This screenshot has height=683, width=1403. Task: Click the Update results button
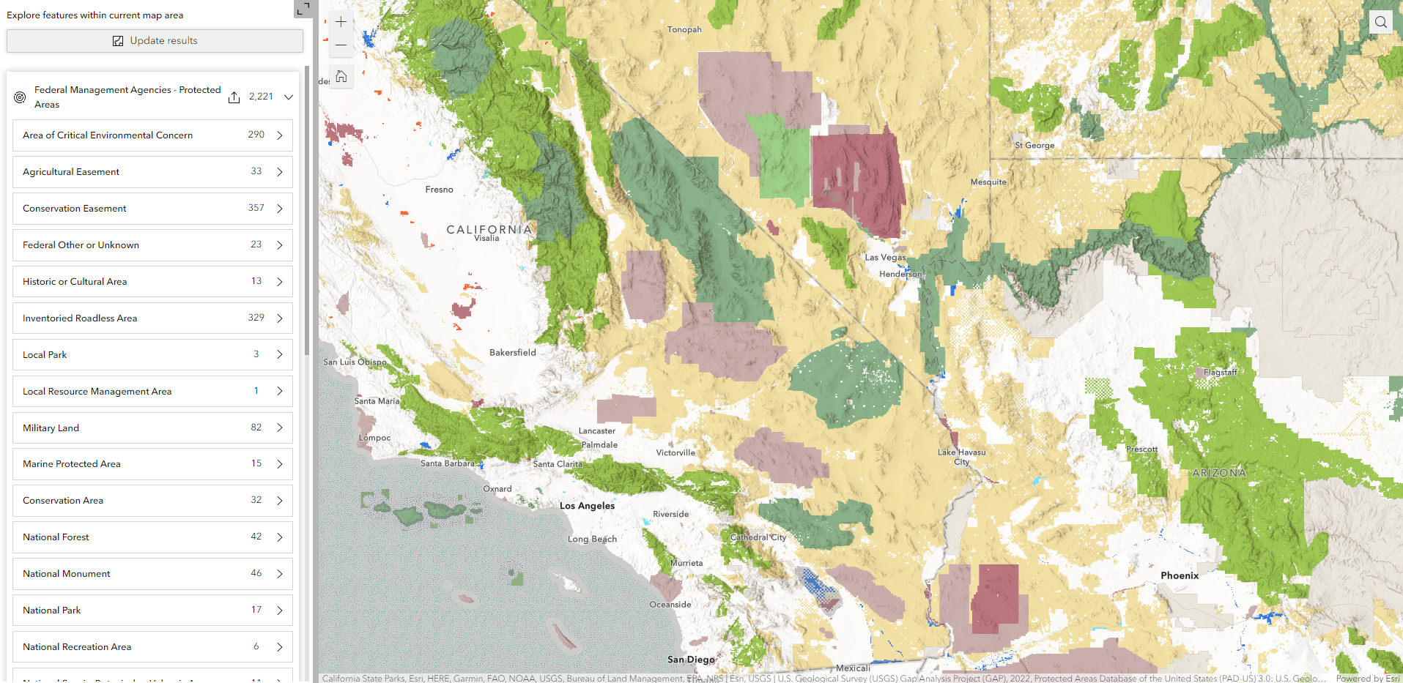155,41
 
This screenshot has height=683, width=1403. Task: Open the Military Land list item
152,428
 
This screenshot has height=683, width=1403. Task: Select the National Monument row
152,574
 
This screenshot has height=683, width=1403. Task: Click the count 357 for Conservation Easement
256,208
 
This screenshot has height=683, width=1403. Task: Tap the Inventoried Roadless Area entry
152,318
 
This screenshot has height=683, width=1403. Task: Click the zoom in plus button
341,22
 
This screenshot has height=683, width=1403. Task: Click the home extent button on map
341,76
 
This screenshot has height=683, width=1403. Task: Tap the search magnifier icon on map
1380,22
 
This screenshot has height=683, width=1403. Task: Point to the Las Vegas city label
885,258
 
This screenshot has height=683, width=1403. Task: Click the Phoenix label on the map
1180,575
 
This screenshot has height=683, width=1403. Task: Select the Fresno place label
439,190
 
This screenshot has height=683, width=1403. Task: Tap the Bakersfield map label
512,353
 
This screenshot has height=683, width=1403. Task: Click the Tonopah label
684,30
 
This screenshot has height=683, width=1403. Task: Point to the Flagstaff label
1220,373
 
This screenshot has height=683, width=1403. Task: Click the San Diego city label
690,660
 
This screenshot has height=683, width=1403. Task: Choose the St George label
1034,146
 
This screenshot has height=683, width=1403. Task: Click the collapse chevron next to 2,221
289,97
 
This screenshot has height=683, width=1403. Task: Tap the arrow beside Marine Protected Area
279,464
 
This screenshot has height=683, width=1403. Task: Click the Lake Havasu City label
961,457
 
